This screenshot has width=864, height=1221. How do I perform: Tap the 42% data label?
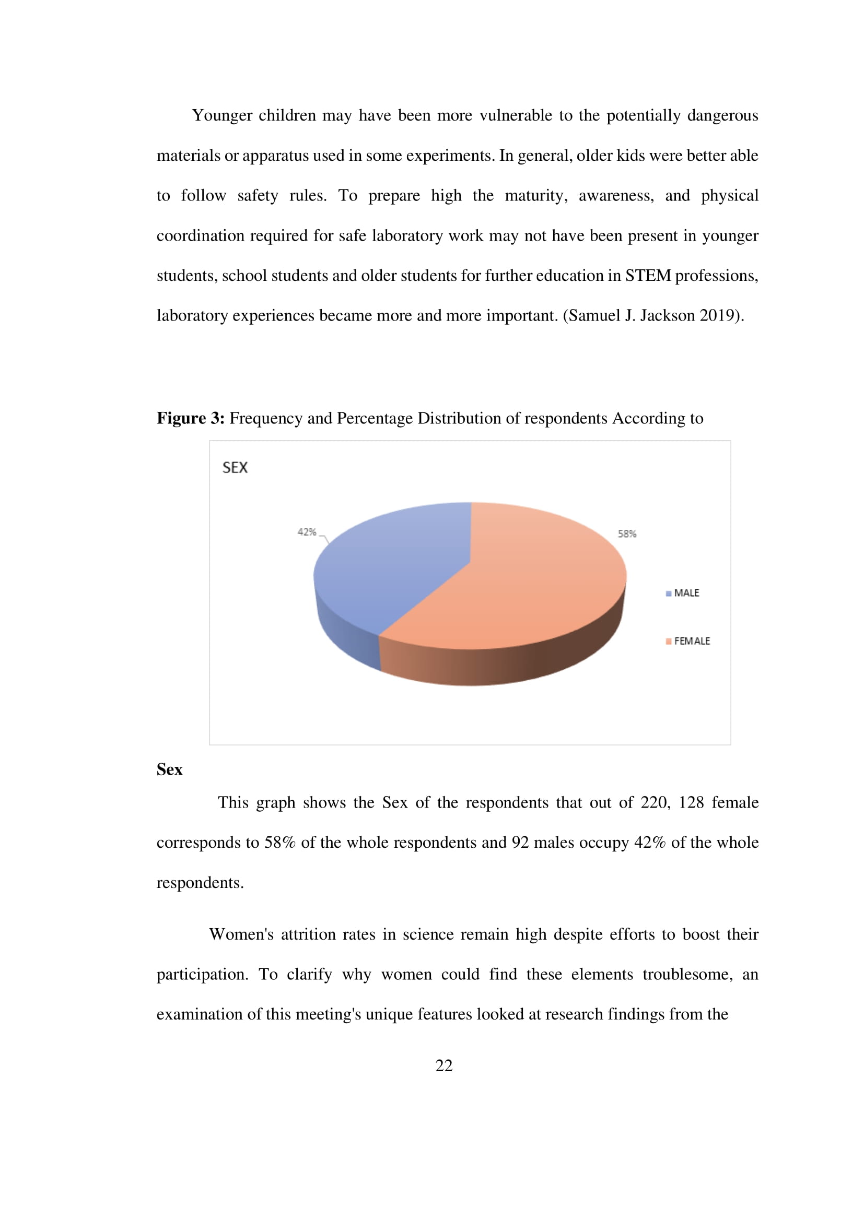click(307, 532)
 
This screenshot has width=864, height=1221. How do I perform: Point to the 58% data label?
click(627, 534)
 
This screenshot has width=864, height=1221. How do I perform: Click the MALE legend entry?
click(686, 593)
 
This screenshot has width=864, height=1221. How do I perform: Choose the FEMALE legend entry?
click(691, 642)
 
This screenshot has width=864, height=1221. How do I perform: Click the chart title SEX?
click(235, 467)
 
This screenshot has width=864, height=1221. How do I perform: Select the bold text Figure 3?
click(191, 419)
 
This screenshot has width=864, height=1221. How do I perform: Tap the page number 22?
click(443, 1065)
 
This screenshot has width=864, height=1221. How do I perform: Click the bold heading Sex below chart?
click(169, 769)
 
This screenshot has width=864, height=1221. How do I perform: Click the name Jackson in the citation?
click(667, 316)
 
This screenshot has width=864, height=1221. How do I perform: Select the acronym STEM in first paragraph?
click(647, 276)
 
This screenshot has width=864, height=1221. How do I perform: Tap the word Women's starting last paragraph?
click(241, 934)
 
